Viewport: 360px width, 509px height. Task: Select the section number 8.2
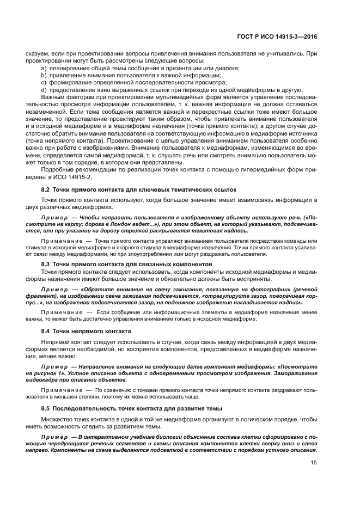click(45, 189)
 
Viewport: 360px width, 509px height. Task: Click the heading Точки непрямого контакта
click(91, 330)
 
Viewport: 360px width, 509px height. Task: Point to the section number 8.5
click(45, 408)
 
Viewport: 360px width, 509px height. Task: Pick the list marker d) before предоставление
click(44, 90)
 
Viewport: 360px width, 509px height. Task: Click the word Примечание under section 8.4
click(62, 390)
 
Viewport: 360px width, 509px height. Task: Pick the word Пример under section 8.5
click(53, 437)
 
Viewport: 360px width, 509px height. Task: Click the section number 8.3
click(45, 264)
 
